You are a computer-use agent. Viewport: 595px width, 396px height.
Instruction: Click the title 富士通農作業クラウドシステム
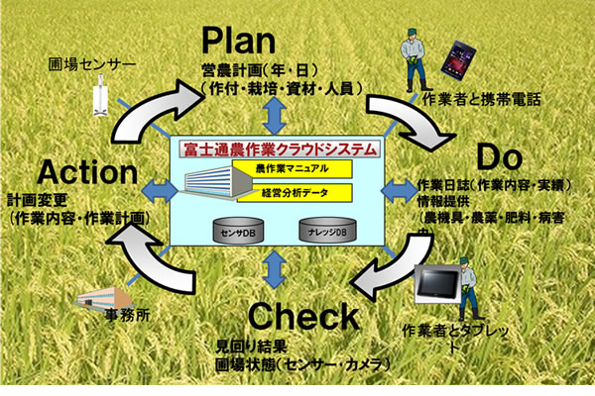point(281,150)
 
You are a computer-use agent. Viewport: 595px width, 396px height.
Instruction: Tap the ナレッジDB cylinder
point(323,230)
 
